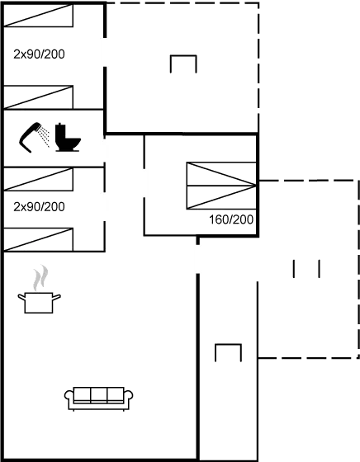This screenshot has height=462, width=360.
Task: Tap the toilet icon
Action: pos(67,138)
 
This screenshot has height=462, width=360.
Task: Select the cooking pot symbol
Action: pos(39,303)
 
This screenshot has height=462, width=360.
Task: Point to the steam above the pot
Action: pos(40,277)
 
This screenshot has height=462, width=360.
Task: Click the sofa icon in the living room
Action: pos(99,398)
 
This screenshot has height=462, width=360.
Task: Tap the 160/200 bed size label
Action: pos(231,219)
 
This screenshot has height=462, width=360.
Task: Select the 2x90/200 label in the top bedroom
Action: pos(39,54)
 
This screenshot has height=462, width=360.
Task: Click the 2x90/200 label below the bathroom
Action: pos(39,207)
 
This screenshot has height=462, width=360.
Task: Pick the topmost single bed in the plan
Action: pos(38,16)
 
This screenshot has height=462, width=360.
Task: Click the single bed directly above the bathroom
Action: pos(38,97)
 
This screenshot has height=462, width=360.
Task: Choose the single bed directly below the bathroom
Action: pos(38,179)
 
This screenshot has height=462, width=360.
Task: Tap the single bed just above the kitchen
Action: pos(38,239)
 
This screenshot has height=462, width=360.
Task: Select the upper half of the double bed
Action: pos(221,174)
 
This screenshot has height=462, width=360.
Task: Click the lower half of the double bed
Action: pos(221,197)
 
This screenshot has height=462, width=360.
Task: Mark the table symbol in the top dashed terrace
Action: pos(183,56)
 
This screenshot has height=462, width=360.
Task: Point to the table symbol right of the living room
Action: pos(228,345)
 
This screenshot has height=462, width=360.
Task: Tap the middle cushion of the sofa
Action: pos(99,395)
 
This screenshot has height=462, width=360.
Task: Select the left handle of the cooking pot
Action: pos(21,297)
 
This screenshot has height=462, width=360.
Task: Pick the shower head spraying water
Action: pos(38,127)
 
